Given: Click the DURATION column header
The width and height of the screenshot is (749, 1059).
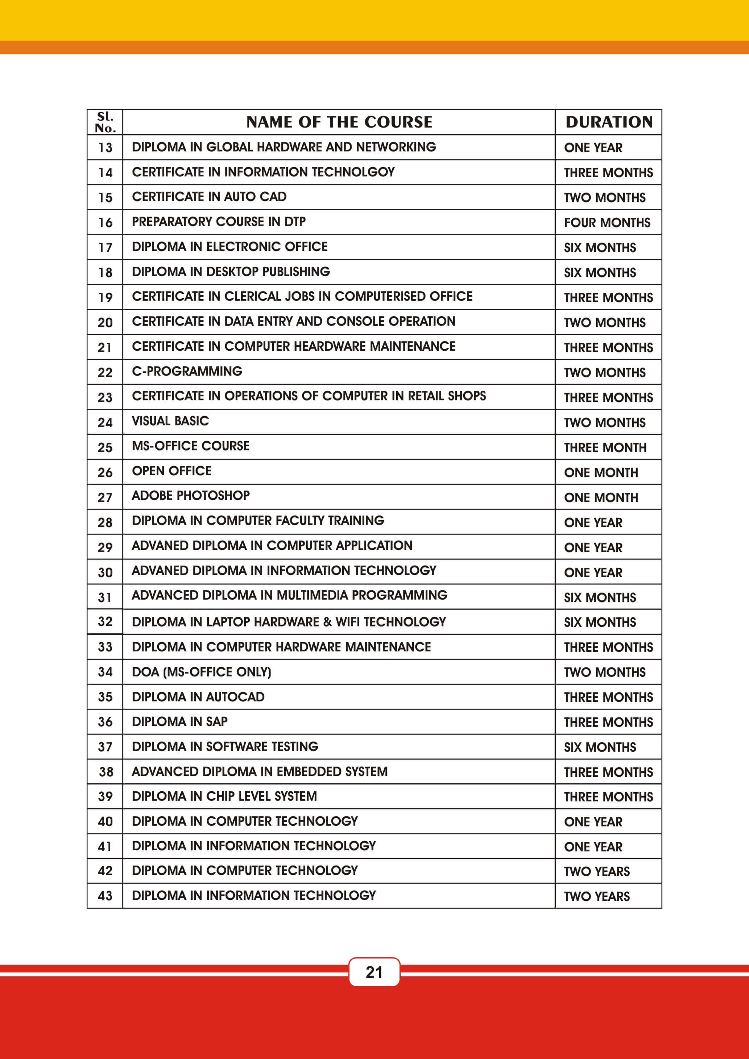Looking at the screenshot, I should point(609,122).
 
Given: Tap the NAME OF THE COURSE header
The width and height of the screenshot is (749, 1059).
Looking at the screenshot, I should point(339,122).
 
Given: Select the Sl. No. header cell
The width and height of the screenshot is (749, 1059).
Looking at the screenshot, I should point(105,122).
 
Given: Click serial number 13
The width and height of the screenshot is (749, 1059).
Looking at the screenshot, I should point(105,147).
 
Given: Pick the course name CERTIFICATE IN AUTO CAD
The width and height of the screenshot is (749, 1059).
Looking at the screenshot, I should point(209,197).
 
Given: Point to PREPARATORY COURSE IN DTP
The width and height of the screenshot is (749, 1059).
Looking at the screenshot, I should point(219,222).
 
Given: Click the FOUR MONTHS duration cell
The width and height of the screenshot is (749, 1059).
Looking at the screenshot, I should point(607,223).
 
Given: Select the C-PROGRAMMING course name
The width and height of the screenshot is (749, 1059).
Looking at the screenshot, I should point(187,371).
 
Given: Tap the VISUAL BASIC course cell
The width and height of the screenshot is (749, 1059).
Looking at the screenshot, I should point(170,421).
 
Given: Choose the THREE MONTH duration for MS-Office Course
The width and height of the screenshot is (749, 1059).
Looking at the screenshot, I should point(605,447).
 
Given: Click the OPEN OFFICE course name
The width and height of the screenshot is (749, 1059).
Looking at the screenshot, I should point(172,471).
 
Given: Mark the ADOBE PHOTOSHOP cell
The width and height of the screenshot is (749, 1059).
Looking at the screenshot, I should point(191,496).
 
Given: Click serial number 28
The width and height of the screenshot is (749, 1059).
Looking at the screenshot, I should point(105,522).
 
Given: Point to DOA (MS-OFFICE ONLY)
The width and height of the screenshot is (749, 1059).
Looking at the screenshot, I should point(202,672).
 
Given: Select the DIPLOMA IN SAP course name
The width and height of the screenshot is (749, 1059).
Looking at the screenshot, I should point(179,721).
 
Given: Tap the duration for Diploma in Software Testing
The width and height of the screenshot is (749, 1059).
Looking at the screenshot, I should point(600,747).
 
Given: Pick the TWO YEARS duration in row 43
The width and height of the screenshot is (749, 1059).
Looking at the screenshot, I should point(597,896).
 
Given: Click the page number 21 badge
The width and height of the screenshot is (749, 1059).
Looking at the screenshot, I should point(374,972).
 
